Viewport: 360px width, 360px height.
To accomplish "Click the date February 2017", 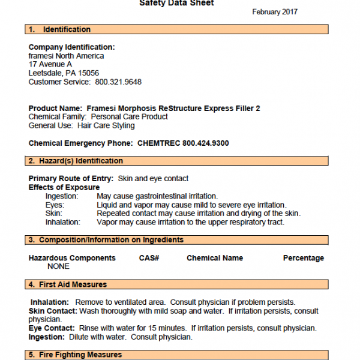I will click(x=275, y=12).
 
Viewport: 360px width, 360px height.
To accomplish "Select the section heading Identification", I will click(x=67, y=29).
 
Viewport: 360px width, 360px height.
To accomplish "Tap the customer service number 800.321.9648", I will click(x=118, y=82).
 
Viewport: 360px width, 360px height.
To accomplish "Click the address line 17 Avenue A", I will click(x=50, y=64).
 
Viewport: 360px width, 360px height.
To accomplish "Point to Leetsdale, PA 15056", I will click(x=64, y=73).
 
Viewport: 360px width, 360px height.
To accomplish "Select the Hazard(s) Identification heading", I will click(x=81, y=161).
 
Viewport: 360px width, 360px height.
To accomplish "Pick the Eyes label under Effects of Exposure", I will click(x=55, y=205).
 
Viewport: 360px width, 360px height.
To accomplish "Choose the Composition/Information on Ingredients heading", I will click(x=111, y=240).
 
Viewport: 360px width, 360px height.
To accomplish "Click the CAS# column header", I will click(x=149, y=258).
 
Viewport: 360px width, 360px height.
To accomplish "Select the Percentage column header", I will click(x=303, y=258).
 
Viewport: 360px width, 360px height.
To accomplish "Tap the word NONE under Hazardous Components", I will click(x=59, y=266).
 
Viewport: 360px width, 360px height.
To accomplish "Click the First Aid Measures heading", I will click(x=73, y=284).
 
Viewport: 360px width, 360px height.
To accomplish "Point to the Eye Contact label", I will click(x=52, y=328).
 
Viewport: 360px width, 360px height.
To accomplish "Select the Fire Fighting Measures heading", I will click(x=80, y=355).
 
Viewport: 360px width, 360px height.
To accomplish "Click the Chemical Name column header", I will click(x=215, y=258).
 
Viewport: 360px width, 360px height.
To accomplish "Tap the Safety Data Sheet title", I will click(x=176, y=3).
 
